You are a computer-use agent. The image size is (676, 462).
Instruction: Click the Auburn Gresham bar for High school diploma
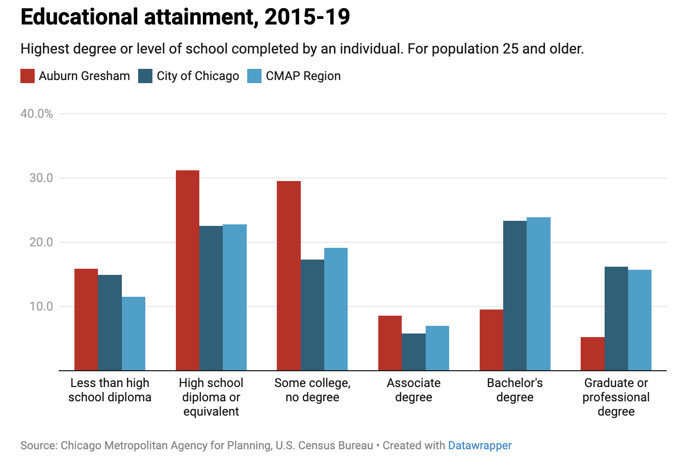tap(187, 270)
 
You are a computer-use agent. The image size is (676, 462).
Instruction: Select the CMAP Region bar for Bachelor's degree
tap(538, 294)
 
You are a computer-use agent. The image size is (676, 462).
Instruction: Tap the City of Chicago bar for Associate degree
tap(413, 352)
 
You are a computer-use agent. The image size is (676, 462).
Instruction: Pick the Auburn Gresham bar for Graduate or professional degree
tap(592, 353)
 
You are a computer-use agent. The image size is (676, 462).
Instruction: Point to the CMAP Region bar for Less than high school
tap(134, 333)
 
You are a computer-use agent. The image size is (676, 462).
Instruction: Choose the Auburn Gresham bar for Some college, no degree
tap(289, 275)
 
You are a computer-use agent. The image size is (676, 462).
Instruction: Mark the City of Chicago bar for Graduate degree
tap(616, 318)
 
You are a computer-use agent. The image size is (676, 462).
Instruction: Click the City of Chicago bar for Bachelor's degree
tap(515, 295)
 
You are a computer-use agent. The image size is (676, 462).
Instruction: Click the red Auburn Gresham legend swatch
tap(28, 76)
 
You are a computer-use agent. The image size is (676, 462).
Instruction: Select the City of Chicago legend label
tap(198, 76)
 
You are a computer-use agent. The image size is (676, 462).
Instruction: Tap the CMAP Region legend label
tap(303, 76)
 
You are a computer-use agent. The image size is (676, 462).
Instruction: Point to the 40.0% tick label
tap(37, 114)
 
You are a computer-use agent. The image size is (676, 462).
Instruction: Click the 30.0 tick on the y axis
tap(41, 178)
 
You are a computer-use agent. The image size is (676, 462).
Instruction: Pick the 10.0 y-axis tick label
tap(41, 306)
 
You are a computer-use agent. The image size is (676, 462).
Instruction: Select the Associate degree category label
tap(413, 390)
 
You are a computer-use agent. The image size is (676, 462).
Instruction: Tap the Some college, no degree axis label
tap(312, 390)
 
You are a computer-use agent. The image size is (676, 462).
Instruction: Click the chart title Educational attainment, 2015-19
tap(185, 17)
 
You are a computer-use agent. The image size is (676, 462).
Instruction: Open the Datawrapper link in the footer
tap(480, 446)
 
